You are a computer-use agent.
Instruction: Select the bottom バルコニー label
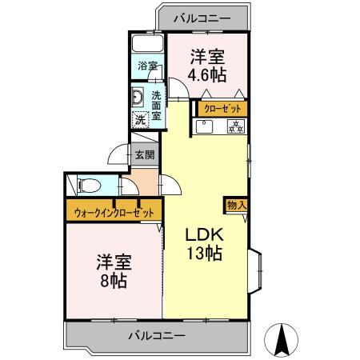156,334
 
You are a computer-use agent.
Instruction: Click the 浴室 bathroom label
147,66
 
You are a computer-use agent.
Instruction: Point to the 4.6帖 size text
206,75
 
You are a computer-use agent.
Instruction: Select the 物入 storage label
237,205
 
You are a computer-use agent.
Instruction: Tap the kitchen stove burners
236,126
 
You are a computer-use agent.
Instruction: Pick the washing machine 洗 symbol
139,119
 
